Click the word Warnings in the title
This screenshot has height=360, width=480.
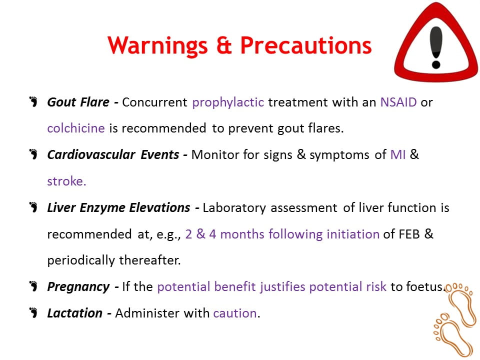[x=157, y=46]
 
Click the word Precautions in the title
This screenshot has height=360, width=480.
[x=306, y=45]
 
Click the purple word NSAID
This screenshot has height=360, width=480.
[x=398, y=102]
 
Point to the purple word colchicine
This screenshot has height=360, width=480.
[x=76, y=128]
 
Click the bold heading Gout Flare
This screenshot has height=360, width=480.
[x=78, y=102]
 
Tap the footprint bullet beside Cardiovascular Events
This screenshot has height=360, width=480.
[x=33, y=154]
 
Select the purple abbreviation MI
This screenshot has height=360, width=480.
[x=398, y=155]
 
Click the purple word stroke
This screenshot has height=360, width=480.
[x=66, y=181]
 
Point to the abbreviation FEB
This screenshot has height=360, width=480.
[x=409, y=234]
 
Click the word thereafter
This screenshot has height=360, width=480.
[x=149, y=260]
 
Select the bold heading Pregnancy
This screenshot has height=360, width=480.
[x=78, y=287]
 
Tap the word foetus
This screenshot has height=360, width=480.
[x=424, y=287]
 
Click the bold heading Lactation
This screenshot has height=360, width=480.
[x=74, y=313]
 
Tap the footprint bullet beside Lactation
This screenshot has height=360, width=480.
[x=33, y=313]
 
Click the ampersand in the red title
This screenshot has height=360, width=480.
[x=224, y=46]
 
